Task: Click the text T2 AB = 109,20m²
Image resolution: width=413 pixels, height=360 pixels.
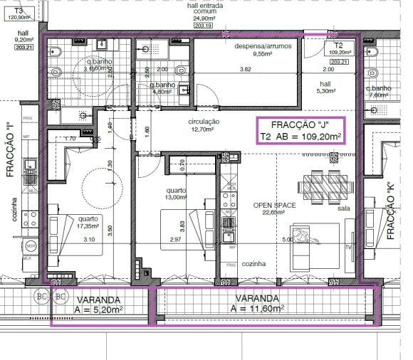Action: point(300,137)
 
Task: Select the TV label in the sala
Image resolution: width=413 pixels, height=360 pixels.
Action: point(349,248)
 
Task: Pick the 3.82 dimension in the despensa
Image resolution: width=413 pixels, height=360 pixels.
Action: point(245,69)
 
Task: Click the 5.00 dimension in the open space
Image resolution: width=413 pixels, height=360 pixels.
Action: point(287,240)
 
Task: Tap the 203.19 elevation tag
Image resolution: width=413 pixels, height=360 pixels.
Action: point(204,26)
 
